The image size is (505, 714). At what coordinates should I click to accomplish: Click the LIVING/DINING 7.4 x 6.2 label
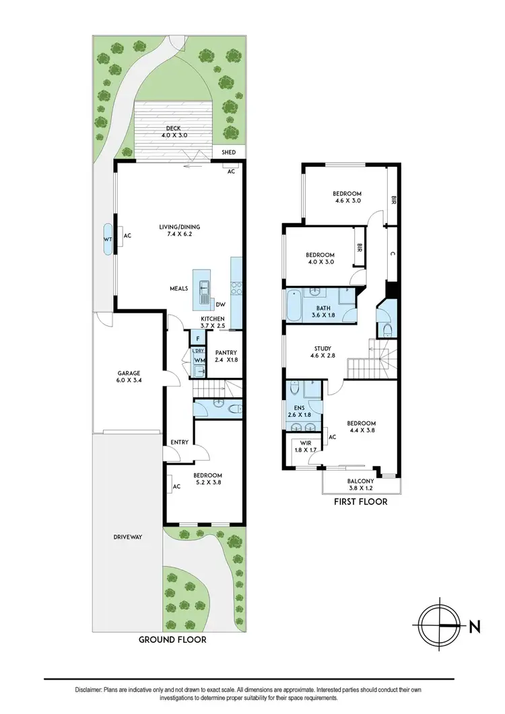176,231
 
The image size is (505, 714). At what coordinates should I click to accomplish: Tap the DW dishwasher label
220,304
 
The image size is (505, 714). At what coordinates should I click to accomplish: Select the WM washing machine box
199,361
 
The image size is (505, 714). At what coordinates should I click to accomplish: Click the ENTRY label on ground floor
179,442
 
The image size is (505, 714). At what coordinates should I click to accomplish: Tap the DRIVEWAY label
127,537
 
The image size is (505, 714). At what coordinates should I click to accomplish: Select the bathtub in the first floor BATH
294,306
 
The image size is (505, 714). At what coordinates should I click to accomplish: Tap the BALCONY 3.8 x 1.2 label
362,485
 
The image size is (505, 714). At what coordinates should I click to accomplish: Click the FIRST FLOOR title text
361,502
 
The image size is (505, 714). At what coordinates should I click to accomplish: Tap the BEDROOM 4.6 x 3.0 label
347,196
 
